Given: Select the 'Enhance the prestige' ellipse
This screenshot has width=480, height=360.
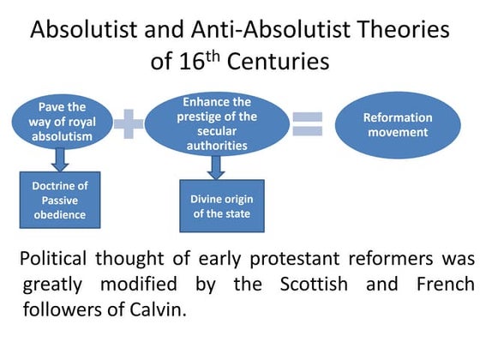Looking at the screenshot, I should coord(217,123).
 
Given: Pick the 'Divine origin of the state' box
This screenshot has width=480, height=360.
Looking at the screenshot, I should coord(216,205).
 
